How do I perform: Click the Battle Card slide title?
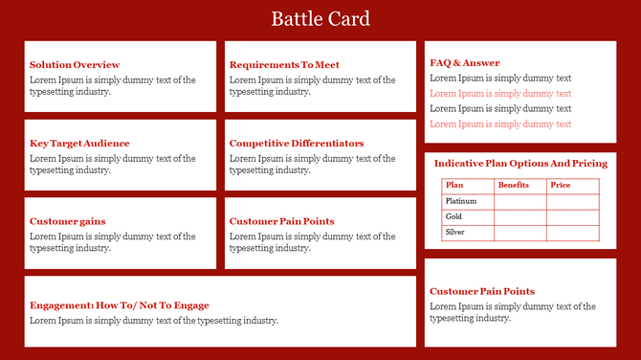click(320, 19)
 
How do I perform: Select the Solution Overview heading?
click(75, 65)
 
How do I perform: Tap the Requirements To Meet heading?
click(284, 65)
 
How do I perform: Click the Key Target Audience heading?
click(79, 144)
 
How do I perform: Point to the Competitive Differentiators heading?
click(297, 144)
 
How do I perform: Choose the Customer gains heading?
click(68, 221)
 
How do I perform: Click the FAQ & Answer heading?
click(465, 63)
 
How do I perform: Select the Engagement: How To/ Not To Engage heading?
click(120, 305)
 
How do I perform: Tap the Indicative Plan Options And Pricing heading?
click(520, 164)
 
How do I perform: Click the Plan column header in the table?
click(455, 185)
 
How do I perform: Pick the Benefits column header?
click(514, 185)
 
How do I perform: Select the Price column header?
click(561, 185)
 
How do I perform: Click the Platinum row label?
click(461, 201)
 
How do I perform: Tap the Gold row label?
click(454, 216)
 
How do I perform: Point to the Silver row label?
click(455, 232)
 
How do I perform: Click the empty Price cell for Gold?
click(572, 216)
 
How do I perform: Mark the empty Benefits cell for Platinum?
click(519, 201)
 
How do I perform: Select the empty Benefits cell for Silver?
click(519, 232)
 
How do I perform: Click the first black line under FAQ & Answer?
click(500, 79)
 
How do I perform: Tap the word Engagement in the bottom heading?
click(57, 305)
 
